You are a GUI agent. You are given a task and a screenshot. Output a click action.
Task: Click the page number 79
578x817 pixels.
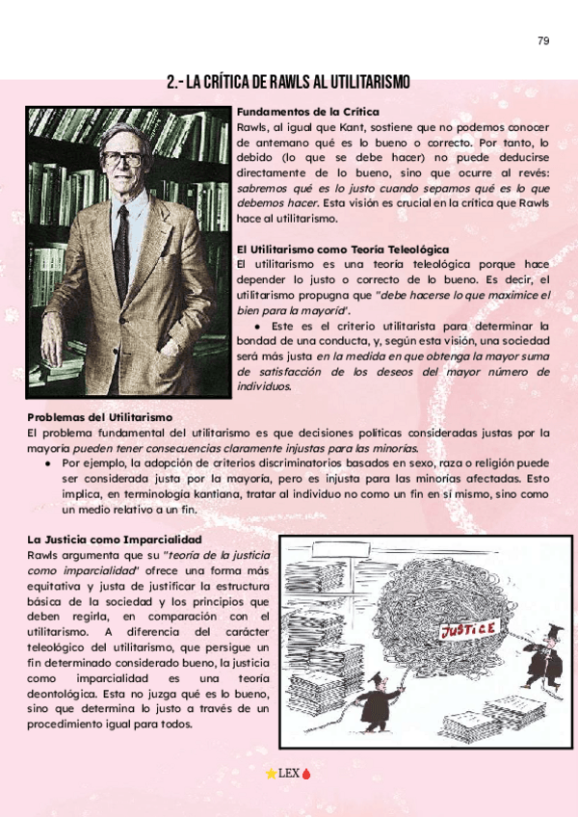click(543, 40)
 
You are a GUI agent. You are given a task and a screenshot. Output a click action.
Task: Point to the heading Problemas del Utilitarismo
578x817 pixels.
click(99, 417)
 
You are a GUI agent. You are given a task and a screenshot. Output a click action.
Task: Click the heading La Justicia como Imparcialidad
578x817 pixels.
click(114, 540)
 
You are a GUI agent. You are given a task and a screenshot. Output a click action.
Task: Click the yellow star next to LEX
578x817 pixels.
click(270, 773)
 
